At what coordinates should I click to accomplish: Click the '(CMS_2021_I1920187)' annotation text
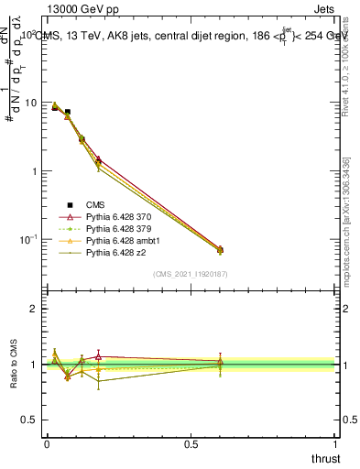tap(191, 273)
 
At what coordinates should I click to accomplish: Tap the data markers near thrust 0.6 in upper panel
tap(219, 249)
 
